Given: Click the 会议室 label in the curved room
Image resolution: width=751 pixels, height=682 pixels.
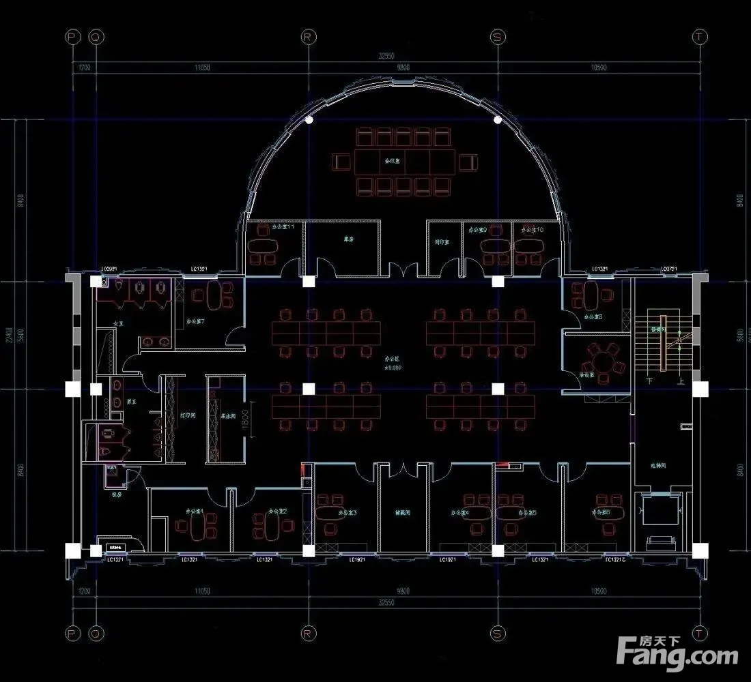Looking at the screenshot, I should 392,162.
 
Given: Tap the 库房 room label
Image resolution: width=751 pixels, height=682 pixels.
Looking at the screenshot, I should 348,239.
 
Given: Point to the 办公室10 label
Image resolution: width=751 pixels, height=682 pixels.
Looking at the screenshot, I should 532,231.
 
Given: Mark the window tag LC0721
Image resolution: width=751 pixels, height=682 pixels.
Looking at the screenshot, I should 668,269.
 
